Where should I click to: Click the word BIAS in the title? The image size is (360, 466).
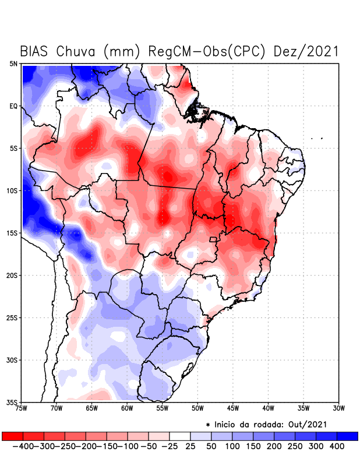34,51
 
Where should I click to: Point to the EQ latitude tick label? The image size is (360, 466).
13,106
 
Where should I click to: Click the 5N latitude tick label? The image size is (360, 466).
13,63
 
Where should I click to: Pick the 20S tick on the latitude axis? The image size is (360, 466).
12,276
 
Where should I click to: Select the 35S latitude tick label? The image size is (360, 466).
12,403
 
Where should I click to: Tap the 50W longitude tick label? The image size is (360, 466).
197,408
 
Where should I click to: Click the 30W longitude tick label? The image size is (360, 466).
338,408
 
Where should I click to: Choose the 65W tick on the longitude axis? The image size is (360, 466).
91,408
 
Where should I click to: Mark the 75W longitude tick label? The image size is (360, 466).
22,408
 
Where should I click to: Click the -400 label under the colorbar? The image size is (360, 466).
23,446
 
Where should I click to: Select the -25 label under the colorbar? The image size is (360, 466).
169,446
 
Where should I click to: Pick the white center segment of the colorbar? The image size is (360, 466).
180,436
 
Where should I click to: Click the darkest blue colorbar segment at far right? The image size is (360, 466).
347,436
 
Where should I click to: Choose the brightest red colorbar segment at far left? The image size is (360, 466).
13,436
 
